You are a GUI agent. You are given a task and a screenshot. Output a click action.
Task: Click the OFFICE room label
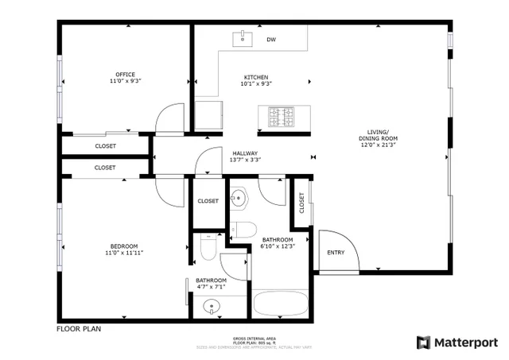tap(126, 75)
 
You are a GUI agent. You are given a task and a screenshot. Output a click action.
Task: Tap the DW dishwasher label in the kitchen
tap(271, 39)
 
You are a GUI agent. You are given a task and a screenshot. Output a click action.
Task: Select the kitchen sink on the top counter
tap(239, 37)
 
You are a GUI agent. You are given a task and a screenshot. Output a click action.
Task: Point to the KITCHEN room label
tap(257, 77)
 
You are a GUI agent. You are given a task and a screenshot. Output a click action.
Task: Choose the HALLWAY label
tap(245, 153)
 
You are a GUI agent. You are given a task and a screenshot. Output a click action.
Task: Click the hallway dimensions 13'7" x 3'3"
tap(245, 160)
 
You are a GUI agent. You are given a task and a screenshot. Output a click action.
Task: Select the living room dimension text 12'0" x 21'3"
tap(378, 145)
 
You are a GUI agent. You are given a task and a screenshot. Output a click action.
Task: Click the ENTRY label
tap(336, 253)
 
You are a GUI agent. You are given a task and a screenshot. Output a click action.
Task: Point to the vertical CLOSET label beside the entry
tap(302, 203)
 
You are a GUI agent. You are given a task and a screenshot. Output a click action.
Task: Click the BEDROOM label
tap(124, 246)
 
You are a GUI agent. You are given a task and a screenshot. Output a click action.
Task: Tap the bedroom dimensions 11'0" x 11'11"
tap(124, 253)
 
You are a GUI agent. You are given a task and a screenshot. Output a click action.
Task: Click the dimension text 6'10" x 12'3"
tap(278, 246)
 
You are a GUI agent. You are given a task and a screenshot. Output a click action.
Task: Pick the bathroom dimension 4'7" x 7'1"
tap(212, 287)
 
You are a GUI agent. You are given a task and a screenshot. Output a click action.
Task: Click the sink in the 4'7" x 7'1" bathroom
tap(212, 306)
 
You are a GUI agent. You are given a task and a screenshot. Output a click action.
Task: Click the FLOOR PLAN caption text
tap(79, 328)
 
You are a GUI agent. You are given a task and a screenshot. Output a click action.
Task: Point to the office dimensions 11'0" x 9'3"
tap(126, 81)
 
